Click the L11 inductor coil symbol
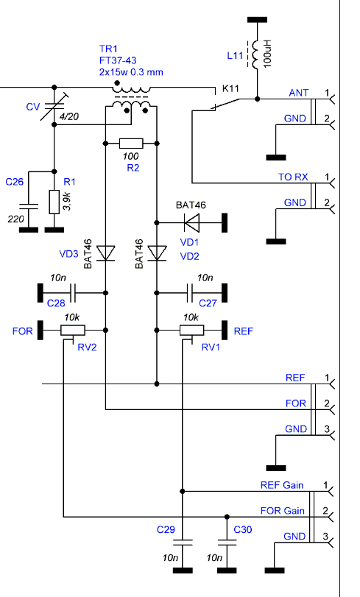tap(255, 54)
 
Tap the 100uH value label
tap(267, 54)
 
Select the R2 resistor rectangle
tap(131, 144)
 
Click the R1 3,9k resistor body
tap(54, 202)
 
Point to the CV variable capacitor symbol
tap(54, 106)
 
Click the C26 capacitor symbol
tap(29, 207)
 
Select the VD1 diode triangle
tap(191, 223)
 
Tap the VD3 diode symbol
tap(105, 253)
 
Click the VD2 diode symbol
tap(157, 253)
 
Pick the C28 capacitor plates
tap(73, 293)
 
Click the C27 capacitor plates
tap(189, 293)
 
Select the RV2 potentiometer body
tap(73, 330)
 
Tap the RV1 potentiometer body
tap(191, 330)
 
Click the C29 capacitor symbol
tap(183, 543)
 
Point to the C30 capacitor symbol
tap(227, 543)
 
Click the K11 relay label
tap(230, 89)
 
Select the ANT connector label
tap(299, 93)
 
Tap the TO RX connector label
tap(293, 177)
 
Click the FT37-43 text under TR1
tap(118, 60)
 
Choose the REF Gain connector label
tap(282, 485)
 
